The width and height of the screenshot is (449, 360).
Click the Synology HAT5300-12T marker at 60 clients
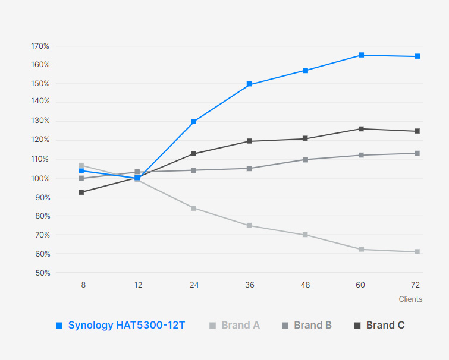point(361,55)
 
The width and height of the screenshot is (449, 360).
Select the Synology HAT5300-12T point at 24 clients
point(194,122)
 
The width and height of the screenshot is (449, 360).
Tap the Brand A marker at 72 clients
point(417,252)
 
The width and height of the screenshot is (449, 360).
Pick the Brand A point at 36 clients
point(249,226)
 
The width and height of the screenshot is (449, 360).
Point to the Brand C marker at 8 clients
point(81,192)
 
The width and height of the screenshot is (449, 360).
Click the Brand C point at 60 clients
point(361,129)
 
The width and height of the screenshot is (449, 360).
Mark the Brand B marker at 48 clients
point(305,160)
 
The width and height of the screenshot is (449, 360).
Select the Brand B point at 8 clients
point(81,178)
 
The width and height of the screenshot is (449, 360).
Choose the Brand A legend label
point(240,325)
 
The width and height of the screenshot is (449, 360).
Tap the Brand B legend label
point(313,325)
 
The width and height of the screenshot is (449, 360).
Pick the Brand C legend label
point(385,325)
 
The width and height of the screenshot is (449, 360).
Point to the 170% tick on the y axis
point(40,46)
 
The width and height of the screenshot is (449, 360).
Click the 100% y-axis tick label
point(40,178)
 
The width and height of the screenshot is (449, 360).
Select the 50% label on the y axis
point(42,273)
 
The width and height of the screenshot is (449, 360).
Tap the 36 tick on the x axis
point(249,285)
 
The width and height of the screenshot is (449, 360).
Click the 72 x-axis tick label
point(417,285)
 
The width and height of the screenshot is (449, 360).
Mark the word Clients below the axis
point(410,299)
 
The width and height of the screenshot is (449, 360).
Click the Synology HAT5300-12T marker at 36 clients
point(249,84)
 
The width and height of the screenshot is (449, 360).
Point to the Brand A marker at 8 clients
point(81,165)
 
